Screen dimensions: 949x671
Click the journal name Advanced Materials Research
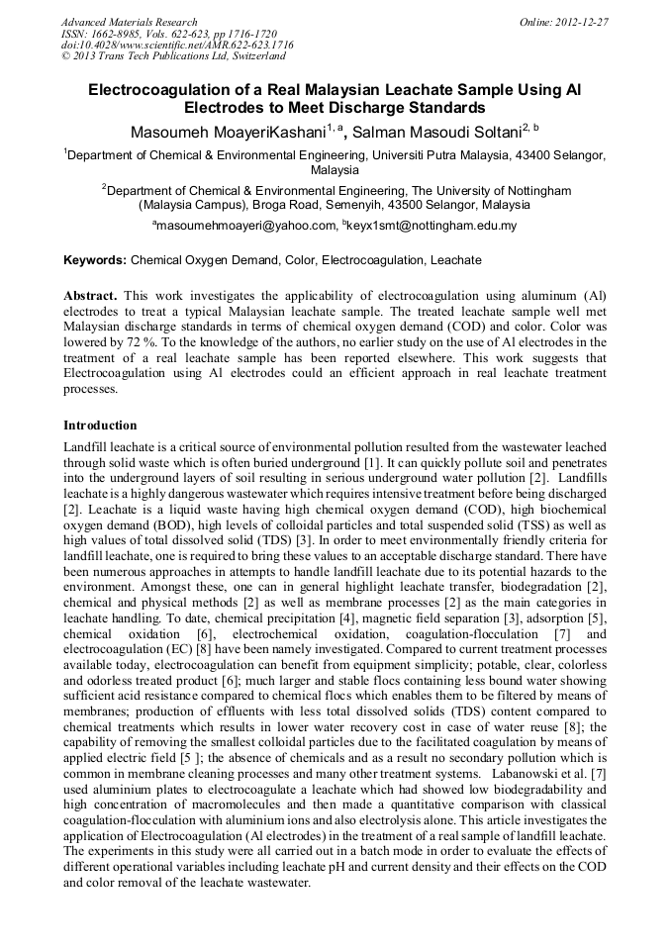click(x=129, y=22)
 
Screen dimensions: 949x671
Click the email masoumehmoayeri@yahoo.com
click(x=245, y=227)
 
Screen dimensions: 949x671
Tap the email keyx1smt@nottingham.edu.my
click(x=431, y=227)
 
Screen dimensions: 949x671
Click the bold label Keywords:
click(x=95, y=261)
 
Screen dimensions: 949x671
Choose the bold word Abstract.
click(x=91, y=296)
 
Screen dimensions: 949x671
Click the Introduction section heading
click(x=100, y=426)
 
